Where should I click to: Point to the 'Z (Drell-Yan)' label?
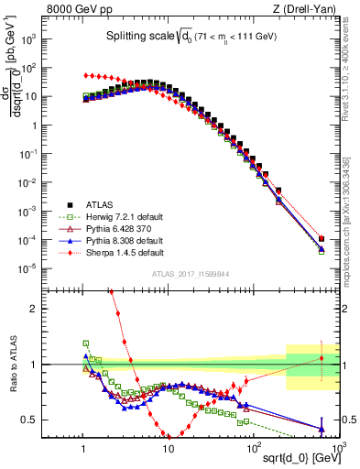(x=307, y=10)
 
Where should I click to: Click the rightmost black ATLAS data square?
(x=322, y=240)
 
